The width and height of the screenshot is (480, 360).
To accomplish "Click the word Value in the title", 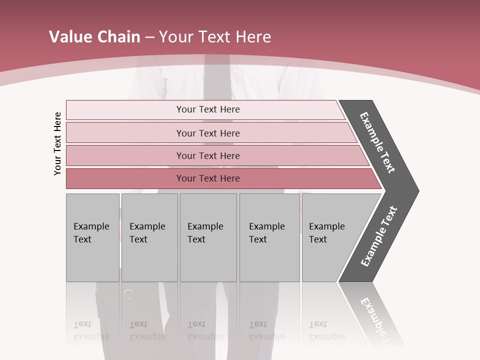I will pos(69,37).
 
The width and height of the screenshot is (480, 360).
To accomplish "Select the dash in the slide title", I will pos(149,37).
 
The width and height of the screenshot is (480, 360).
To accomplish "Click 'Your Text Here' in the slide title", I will pos(214,37).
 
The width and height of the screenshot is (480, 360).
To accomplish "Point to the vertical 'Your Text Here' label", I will pos(57,143).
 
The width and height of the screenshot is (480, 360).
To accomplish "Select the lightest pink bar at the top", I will pos(207,109).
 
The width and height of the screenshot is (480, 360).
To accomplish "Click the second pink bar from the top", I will pos(207,133).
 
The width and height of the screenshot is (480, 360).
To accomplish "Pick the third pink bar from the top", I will pos(207,155).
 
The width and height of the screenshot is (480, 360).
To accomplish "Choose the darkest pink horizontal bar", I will pos(207,178).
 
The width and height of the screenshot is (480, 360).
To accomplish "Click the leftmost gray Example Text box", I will pos(92,237).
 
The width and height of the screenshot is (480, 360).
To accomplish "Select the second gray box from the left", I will pos(149,237).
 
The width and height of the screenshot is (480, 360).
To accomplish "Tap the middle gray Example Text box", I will pos(208,237).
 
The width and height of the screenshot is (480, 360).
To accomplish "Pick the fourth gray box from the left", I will pos(269,237).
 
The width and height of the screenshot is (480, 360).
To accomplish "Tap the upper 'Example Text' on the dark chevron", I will pos(377,142).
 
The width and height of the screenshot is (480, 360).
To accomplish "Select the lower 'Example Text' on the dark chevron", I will pos(379,236).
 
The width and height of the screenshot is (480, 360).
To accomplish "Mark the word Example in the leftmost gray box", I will pos(91,226).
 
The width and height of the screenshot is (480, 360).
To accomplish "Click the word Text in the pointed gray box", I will pos(318,239).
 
